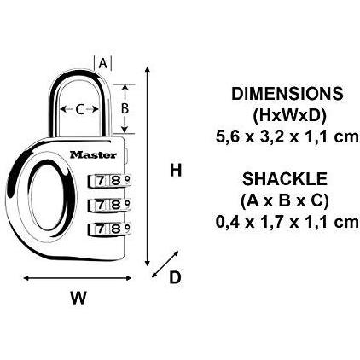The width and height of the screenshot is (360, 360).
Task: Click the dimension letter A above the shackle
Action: point(102,63)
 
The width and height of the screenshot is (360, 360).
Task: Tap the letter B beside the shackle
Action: point(125,108)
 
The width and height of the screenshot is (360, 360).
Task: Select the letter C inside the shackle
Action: point(80,109)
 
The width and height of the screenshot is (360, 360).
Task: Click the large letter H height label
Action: point(176,171)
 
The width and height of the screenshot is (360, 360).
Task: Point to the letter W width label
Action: point(78,298)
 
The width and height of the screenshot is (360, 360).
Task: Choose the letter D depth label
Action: point(175,277)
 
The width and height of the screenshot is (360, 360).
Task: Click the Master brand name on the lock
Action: point(93,154)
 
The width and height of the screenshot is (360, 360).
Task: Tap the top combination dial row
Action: point(109,181)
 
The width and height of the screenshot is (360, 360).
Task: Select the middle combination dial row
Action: point(109,205)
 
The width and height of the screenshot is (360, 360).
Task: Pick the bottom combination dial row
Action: point(109,229)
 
